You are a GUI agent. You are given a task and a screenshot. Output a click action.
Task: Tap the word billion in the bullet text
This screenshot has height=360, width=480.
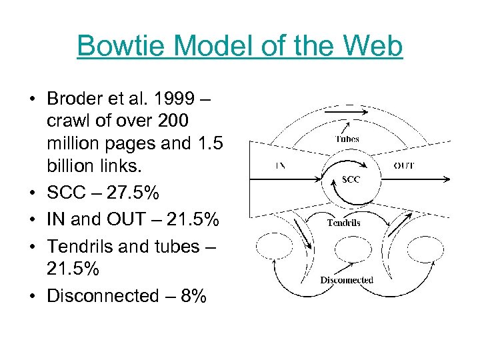[71, 167]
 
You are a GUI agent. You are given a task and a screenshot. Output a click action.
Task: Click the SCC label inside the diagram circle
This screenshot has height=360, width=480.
[351, 179]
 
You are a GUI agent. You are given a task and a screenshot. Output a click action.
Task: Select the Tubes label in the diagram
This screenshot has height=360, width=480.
[347, 139]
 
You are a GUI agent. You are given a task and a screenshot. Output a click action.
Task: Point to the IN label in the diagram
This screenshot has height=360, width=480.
[281, 165]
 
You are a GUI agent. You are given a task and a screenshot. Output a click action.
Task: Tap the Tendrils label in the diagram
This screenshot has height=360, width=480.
[343, 223]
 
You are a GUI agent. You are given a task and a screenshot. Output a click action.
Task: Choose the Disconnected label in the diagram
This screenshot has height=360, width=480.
[347, 280]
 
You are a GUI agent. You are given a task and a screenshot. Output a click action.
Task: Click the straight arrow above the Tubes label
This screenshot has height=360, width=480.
[346, 113]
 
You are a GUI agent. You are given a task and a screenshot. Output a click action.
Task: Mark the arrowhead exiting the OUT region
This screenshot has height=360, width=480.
[446, 179]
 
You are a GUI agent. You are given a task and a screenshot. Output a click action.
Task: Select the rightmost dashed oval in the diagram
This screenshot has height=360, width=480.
[424, 250]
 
